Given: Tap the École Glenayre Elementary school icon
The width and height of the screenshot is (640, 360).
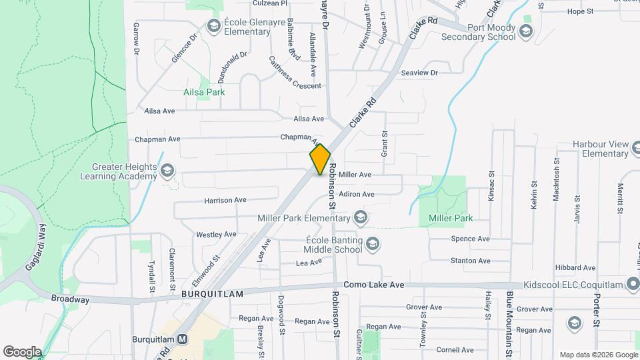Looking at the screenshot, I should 214,26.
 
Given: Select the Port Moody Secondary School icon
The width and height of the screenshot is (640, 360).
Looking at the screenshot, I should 526,31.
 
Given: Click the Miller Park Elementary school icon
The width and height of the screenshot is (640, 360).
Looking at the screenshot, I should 361,218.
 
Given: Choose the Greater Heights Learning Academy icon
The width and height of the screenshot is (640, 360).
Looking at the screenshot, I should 167,172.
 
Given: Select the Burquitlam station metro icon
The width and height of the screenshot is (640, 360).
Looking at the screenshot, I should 183,339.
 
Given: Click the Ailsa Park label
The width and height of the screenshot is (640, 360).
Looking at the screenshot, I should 204,92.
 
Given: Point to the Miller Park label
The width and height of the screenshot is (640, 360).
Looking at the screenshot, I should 451,218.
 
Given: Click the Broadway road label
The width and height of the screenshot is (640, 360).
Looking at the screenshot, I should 69,300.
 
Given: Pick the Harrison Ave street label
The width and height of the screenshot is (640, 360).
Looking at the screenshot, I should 225,199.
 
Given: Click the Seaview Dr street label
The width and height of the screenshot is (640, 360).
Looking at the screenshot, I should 419,73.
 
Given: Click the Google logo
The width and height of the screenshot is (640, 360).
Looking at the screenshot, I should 22,351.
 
